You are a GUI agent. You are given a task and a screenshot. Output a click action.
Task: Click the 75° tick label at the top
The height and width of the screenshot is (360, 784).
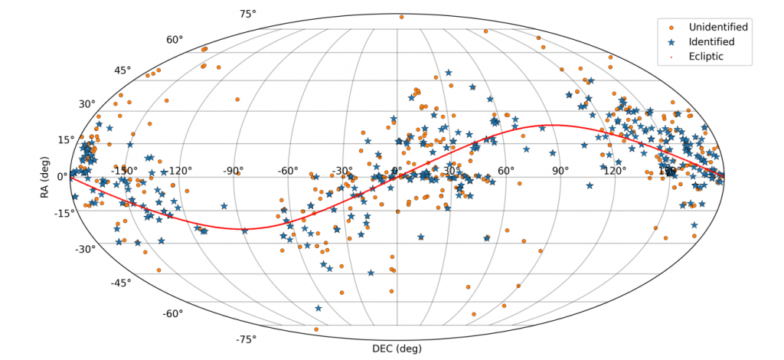[x=247, y=14]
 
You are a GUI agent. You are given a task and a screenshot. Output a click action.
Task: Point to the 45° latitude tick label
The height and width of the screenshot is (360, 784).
[x=122, y=70]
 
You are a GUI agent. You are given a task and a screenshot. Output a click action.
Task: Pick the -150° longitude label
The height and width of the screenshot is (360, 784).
[x=125, y=170]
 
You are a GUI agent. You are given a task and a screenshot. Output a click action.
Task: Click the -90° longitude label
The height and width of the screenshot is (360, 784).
[x=234, y=170]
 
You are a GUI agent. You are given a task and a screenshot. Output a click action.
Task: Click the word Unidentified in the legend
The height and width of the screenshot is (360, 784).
[x=717, y=27]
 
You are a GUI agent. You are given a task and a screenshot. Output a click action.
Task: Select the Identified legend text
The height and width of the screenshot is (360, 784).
[x=710, y=41]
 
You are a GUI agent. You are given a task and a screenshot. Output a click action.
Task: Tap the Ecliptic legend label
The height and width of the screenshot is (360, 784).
[x=705, y=57]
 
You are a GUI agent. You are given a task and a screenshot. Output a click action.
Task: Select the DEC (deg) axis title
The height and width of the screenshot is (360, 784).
[x=397, y=349]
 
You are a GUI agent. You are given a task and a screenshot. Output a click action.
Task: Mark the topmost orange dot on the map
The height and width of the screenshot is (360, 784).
[x=401, y=16]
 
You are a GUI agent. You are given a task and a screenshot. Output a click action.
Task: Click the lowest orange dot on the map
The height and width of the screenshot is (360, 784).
[x=315, y=329]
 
